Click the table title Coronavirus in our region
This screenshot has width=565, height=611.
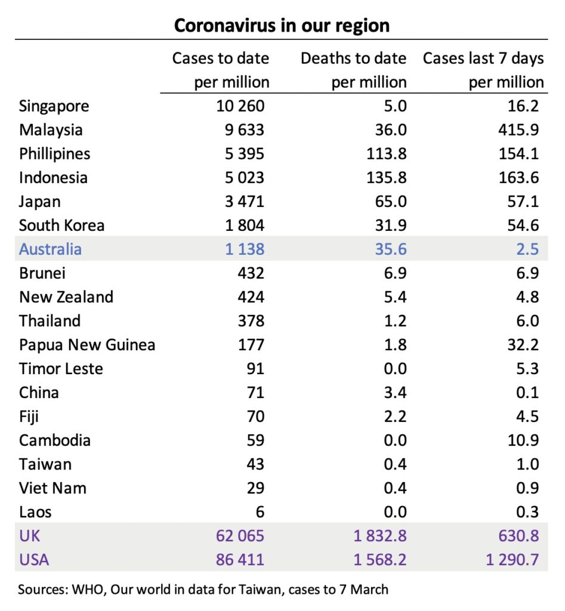[282, 26]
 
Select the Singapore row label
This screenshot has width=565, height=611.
[54, 106]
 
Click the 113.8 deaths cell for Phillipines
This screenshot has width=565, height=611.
[387, 154]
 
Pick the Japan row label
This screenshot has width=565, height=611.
[39, 202]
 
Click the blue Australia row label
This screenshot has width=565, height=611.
[50, 249]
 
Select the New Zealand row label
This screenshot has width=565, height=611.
[66, 297]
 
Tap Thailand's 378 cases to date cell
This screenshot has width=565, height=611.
[251, 321]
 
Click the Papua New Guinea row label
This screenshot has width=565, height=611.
[87, 345]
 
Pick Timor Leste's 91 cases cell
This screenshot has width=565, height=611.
[255, 369]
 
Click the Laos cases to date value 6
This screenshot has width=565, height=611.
[260, 512]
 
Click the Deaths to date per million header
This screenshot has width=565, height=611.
[353, 70]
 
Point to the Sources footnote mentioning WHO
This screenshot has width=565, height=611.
[203, 590]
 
